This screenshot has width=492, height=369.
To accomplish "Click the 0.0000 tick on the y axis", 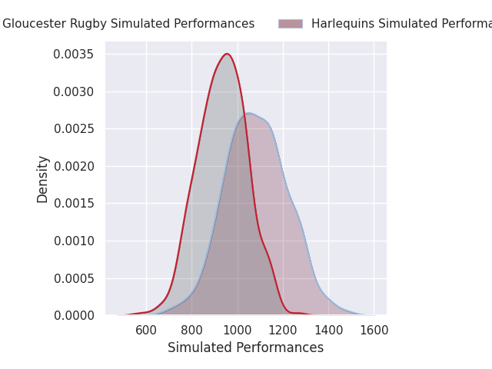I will click(74, 316).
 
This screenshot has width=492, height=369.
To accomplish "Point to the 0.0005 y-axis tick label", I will click(74, 278).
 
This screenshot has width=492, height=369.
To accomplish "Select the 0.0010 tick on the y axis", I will click(74, 241).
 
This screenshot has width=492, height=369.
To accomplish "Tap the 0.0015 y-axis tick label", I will click(74, 204).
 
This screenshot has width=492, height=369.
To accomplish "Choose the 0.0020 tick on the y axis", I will click(74, 166).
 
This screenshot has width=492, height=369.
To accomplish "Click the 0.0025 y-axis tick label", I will click(74, 129).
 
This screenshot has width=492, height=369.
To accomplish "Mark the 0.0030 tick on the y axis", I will click(74, 91).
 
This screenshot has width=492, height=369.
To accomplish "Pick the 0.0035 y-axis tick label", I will click(74, 55).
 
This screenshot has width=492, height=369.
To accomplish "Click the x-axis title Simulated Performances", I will click(245, 348).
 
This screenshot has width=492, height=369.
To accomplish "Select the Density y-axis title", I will click(43, 179).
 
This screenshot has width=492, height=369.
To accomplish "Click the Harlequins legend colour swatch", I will click(291, 24).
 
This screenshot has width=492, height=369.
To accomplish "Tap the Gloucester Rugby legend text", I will click(128, 24).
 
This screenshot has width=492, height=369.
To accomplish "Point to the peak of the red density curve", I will click(227, 54).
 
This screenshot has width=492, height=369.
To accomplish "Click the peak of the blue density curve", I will click(250, 114).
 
